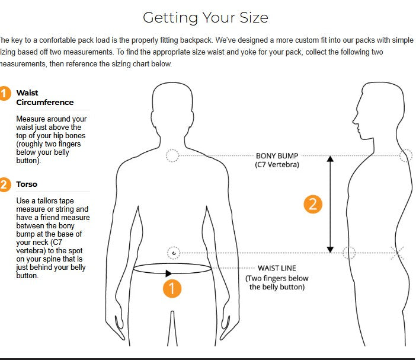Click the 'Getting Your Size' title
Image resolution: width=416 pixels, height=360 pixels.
[206, 18]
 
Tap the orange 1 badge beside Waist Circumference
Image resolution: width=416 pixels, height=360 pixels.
[5, 94]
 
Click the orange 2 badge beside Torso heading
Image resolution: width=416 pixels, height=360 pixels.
[5, 184]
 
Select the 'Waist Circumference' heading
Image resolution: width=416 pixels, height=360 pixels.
[45, 97]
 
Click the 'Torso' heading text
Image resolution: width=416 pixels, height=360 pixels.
[27, 184]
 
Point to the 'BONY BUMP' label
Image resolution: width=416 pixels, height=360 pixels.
[277, 156]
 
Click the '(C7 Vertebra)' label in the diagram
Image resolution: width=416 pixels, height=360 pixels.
[277, 165]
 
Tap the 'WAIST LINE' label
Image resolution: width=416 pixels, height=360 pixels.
[277, 268]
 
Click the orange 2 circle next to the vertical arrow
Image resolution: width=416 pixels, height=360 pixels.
[313, 205]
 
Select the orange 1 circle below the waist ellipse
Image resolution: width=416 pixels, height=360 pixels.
[172, 289]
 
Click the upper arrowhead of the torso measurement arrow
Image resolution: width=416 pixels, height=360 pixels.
[330, 159]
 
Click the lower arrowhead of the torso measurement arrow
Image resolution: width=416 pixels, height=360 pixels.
[330, 250]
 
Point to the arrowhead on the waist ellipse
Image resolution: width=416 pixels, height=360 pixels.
[168, 273]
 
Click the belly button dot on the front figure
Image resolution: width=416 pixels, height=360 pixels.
[174, 253]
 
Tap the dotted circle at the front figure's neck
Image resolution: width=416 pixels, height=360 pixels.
[172, 155]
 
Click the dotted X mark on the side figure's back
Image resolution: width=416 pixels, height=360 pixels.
[397, 253]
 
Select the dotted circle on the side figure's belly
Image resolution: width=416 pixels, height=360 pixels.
[349, 253]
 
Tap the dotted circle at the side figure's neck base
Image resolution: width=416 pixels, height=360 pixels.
[406, 155]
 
